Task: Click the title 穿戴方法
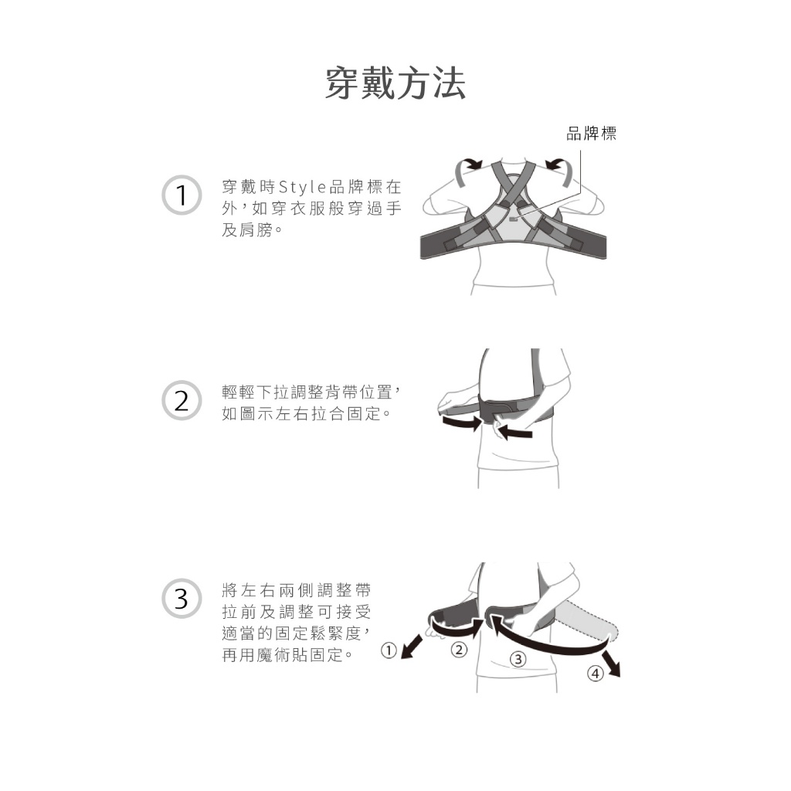pos(395,83)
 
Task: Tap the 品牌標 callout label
pos(591,134)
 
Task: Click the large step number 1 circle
pos(182,195)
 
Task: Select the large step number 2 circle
pos(182,401)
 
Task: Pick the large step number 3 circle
pos(182,599)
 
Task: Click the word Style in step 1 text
pos(302,187)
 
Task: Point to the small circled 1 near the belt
pos(389,650)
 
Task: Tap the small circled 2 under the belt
pos(458,649)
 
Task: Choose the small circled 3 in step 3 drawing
pos(518,658)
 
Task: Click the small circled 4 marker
pos(596,673)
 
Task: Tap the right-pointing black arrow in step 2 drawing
pos(462,423)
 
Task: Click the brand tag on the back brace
pos(514,219)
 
